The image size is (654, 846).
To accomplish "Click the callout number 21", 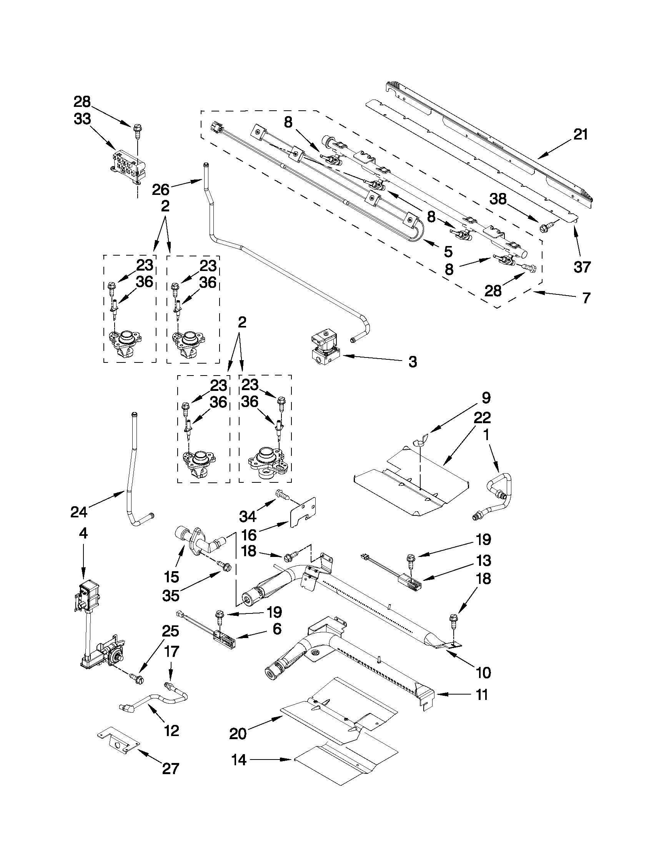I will pyautogui.click(x=581, y=135).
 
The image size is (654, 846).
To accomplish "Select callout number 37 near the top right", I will pyautogui.click(x=582, y=266).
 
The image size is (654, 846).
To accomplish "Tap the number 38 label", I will pyautogui.click(x=498, y=199).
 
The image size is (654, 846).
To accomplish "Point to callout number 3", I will pyautogui.click(x=412, y=362).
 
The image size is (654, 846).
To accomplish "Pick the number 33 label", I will pyautogui.click(x=82, y=119).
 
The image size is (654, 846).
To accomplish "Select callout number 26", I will pyautogui.click(x=160, y=189).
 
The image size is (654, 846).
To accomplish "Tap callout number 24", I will pyautogui.click(x=79, y=512).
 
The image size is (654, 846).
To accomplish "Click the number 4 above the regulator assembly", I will pyautogui.click(x=83, y=534).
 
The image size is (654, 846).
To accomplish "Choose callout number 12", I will pyautogui.click(x=171, y=731).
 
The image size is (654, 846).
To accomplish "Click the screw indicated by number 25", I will pyautogui.click(x=137, y=678).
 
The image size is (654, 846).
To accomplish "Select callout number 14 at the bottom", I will pyautogui.click(x=239, y=771).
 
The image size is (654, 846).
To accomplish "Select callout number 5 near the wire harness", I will pyautogui.click(x=448, y=252).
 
